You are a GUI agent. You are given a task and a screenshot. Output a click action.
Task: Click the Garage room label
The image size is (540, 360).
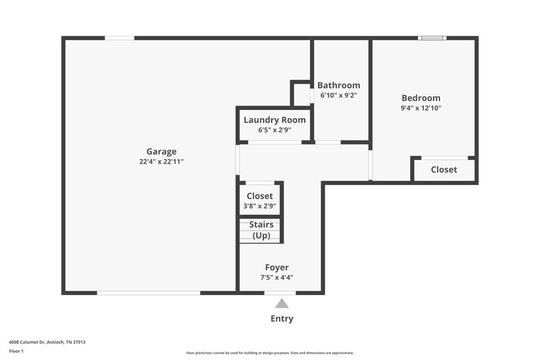point(161,151)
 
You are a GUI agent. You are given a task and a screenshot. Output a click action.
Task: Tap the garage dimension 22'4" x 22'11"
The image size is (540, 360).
point(161,162)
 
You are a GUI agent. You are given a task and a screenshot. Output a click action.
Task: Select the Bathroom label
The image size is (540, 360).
point(338,85)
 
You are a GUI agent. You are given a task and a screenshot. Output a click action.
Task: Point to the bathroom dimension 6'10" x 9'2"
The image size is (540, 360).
point(338,96)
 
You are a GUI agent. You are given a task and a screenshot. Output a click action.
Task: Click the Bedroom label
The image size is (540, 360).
point(421,98)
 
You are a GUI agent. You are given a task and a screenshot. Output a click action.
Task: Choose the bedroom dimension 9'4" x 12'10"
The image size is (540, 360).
point(421,108)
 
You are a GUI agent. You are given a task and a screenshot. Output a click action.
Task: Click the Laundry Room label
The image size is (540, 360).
point(274,120)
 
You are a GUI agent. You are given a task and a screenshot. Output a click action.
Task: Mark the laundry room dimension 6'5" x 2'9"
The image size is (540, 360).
point(274,130)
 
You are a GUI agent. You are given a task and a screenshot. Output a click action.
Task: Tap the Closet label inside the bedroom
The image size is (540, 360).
point(443,170)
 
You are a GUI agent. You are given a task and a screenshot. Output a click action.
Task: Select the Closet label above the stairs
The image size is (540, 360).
point(260,196)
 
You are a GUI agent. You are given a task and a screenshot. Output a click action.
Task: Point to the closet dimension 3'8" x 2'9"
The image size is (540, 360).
point(260,206)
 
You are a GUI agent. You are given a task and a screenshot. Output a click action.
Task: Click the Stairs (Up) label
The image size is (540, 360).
point(261,230)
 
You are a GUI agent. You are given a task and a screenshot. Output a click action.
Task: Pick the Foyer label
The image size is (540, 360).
point(277,267)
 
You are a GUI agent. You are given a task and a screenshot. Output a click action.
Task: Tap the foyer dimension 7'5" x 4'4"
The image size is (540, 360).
point(277,278)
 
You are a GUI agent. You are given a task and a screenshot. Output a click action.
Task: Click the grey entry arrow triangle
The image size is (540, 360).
point(281,304)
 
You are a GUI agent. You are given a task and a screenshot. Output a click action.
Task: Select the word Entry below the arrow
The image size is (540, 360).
point(281,319)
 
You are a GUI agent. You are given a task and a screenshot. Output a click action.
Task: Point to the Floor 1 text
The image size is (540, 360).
point(16,351)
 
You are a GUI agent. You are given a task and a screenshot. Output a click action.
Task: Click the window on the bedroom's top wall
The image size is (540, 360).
point(433,38)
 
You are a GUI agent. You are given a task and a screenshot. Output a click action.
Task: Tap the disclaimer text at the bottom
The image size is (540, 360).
point(269,353)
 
